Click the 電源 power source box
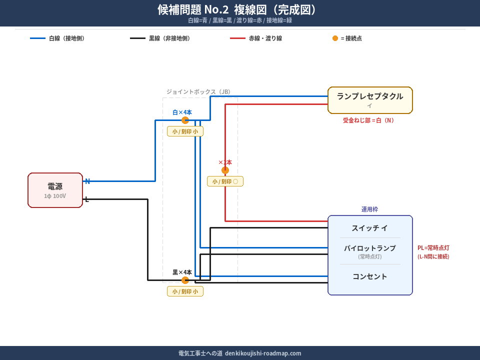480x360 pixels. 55,190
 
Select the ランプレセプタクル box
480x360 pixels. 370,100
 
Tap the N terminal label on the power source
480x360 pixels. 87,181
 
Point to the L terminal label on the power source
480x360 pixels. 87,199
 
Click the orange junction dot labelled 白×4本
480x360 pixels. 185,120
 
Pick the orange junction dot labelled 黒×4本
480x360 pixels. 185,280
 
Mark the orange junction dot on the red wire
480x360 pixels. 225,170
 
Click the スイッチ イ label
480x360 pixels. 370,228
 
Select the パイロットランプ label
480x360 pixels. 370,248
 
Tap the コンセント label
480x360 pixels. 370,276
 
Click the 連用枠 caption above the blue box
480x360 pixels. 370,209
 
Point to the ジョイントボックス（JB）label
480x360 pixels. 198,92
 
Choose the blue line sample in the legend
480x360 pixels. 37,38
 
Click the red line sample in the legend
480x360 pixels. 237,38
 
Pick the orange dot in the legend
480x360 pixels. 335,38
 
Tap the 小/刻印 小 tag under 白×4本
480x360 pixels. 185,131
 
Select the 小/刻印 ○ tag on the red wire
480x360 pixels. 225,181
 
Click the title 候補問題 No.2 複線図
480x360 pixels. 237,10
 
